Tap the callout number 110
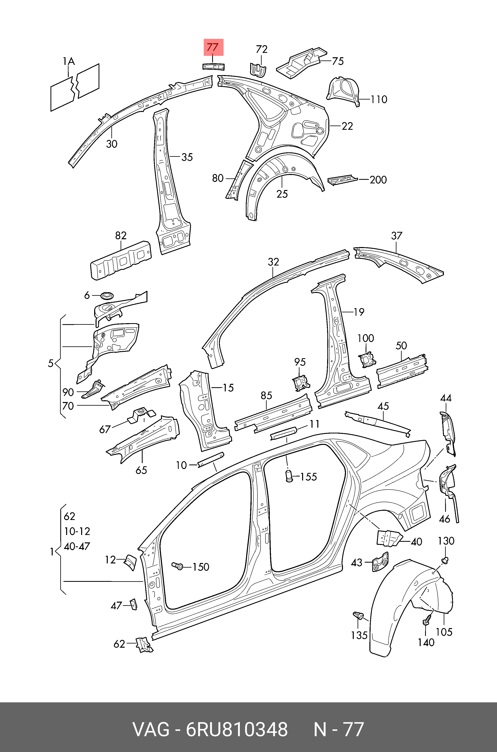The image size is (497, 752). click(379, 100)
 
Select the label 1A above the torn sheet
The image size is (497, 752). click(69, 61)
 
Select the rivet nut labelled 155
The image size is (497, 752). click(289, 476)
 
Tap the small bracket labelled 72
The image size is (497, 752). click(258, 70)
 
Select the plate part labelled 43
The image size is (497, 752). click(380, 562)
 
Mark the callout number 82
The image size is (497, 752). click(121, 236)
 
